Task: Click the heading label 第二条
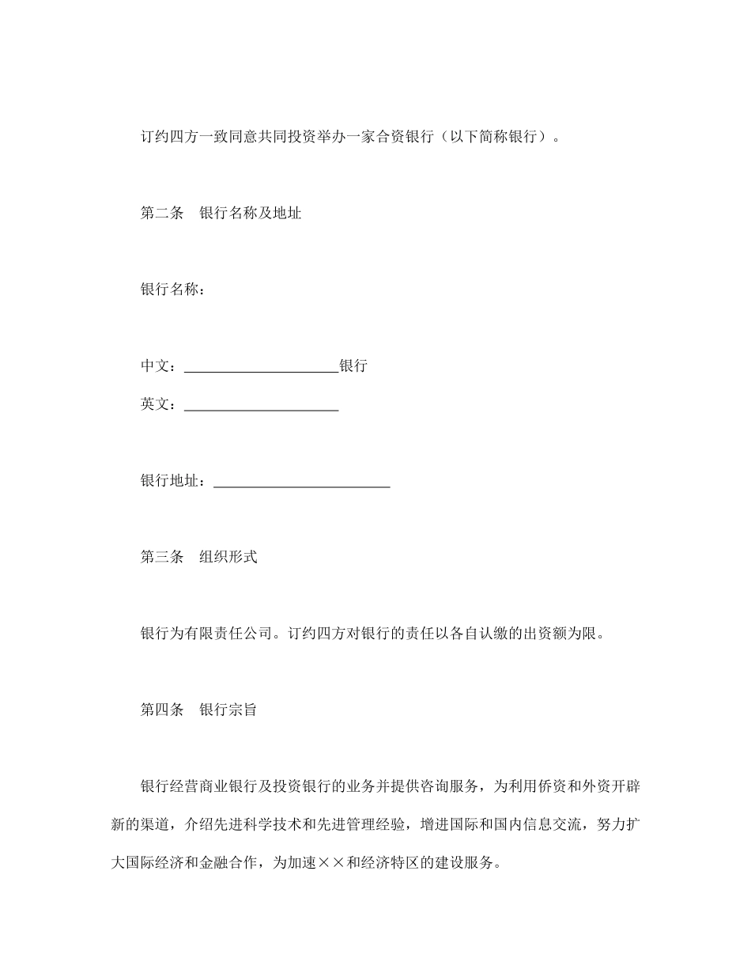tap(161, 214)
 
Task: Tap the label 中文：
tap(161, 366)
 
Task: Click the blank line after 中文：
tap(261, 369)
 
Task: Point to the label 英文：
tap(161, 404)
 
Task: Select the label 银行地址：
tap(176, 481)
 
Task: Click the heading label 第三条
tap(161, 557)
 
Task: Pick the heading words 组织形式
tap(228, 557)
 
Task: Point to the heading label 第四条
tap(161, 710)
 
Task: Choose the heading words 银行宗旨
tap(228, 710)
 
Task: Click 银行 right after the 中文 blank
tap(353, 366)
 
